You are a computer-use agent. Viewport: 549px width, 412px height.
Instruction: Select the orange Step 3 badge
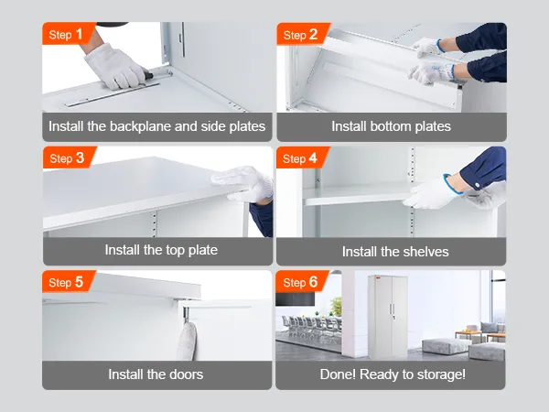pyautogui.click(x=69, y=157)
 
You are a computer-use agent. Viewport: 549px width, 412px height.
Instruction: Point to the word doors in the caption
pyautogui.click(x=186, y=374)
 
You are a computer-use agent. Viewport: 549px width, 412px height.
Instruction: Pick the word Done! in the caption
pyautogui.click(x=338, y=374)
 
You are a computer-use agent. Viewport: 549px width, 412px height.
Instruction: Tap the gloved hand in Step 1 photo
pyautogui.click(x=115, y=66)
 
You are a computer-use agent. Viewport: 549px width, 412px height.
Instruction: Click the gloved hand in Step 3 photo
pyautogui.click(x=245, y=183)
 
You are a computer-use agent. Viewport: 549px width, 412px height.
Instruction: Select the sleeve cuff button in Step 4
pyautogui.click(x=477, y=184)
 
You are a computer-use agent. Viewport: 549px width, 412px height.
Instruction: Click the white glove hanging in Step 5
pyautogui.click(x=187, y=341)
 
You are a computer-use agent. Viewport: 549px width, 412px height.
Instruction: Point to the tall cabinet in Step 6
pyautogui.click(x=387, y=317)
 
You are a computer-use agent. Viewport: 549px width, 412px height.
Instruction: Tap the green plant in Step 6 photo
pyautogui.click(x=336, y=306)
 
